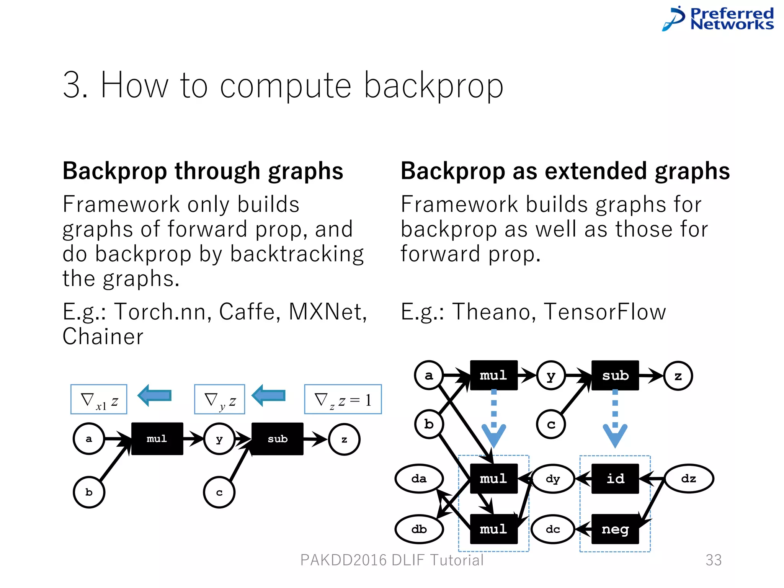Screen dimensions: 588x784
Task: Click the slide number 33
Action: pyautogui.click(x=714, y=560)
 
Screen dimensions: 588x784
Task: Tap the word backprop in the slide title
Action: pyautogui.click(x=433, y=86)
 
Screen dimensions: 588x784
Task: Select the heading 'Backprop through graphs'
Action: pyautogui.click(x=203, y=171)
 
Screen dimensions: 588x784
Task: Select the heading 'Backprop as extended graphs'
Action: pyautogui.click(x=565, y=171)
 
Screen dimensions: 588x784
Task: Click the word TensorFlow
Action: pyautogui.click(x=605, y=312)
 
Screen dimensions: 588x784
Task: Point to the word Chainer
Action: pyautogui.click(x=103, y=337)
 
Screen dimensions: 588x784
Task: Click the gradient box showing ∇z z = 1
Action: pyautogui.click(x=343, y=399)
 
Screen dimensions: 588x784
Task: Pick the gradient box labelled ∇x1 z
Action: pyautogui.click(x=99, y=399)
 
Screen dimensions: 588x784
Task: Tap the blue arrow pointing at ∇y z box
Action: pyautogui.click(x=269, y=395)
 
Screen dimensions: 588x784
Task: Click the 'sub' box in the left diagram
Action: pyautogui.click(x=278, y=439)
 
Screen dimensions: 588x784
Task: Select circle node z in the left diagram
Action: pyautogui.click(x=344, y=439)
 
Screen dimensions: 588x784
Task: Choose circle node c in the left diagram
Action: pyautogui.click(x=219, y=492)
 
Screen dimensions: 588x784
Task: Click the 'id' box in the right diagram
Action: pyautogui.click(x=615, y=479)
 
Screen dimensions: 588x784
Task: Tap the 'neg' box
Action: pyautogui.click(x=615, y=529)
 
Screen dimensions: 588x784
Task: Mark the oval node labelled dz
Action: pyautogui.click(x=689, y=479)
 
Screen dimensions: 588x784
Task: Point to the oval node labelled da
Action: pyautogui.click(x=419, y=479)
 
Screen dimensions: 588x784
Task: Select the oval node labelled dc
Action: pyautogui.click(x=553, y=529)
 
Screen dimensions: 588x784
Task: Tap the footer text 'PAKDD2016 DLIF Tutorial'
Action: pyautogui.click(x=392, y=560)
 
